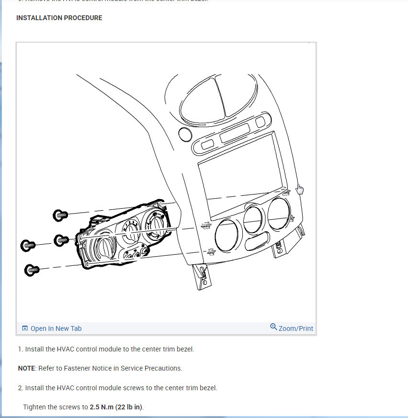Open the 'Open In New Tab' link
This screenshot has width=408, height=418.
pos(56,328)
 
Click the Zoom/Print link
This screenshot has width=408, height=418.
pos(295,328)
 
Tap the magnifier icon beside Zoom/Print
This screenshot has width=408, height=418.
pos(273,327)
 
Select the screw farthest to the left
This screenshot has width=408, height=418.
pos(27,246)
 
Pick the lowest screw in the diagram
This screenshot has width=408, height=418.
pos(32,270)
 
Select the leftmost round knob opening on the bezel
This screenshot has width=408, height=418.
pos(226,236)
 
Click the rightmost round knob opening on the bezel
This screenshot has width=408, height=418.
pos(279,213)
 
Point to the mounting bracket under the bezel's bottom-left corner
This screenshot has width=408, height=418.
pos(200,277)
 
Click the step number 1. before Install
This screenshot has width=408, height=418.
pos(21,349)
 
